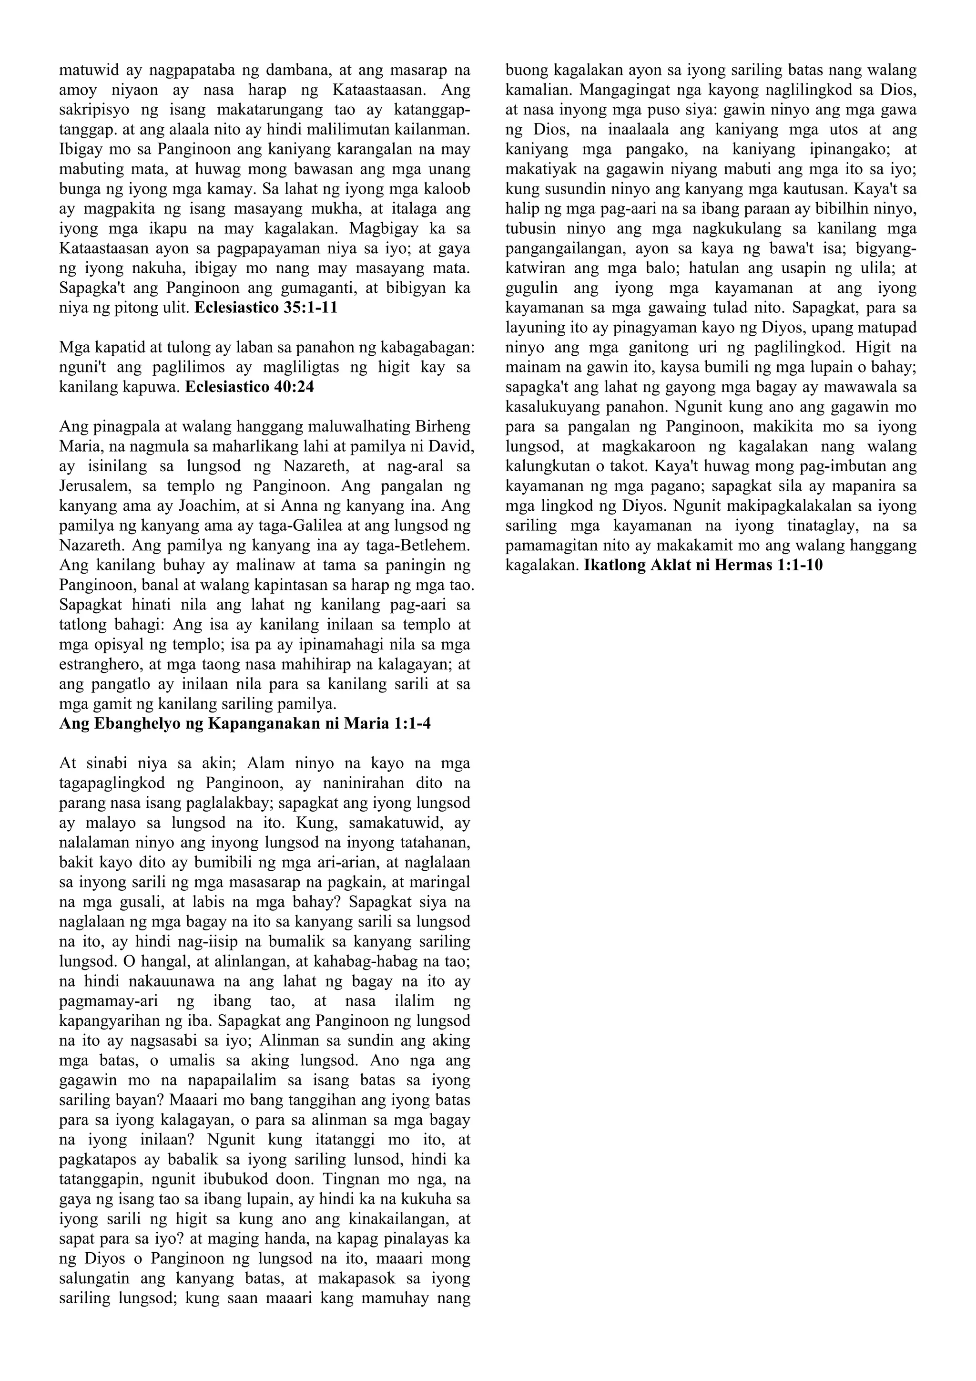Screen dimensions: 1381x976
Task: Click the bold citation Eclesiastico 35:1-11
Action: click(x=266, y=308)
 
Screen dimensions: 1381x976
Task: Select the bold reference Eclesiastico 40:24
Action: click(x=249, y=387)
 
